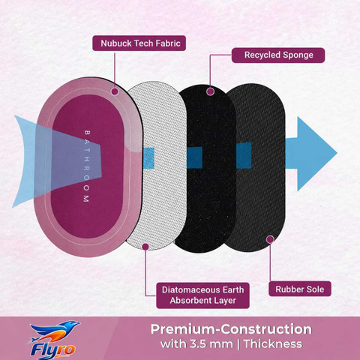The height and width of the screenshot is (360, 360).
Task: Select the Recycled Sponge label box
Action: pos(278,55)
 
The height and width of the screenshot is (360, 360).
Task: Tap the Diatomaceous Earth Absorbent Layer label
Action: pos(202,295)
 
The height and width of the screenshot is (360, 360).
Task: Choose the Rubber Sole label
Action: pos(300,289)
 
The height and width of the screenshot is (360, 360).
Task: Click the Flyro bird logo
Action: pos(54,331)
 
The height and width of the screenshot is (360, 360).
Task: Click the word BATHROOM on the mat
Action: pos(86,166)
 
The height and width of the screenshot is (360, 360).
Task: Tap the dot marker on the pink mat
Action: pos(115,91)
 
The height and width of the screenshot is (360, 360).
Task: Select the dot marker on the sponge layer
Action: pos(211,91)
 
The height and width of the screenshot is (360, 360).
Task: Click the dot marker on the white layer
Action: pos(145,247)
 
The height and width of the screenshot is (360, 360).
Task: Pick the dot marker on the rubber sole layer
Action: pos(270,239)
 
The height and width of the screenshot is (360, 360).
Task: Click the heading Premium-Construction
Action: pos(231,329)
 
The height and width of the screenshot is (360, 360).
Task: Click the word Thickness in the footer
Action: pos(273,344)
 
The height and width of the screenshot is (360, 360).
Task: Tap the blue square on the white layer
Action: pos(149,158)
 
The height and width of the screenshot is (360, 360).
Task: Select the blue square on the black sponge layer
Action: pos(194,157)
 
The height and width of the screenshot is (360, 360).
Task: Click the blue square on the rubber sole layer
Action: pos(244,155)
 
